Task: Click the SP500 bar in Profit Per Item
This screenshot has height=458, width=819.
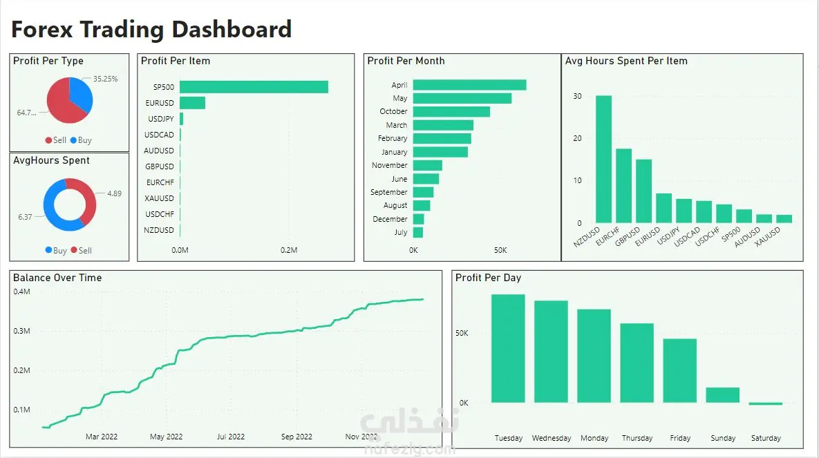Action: click(x=254, y=87)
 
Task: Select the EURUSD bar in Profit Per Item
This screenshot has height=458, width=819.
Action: click(x=192, y=103)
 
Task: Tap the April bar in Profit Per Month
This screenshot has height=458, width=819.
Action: click(x=469, y=85)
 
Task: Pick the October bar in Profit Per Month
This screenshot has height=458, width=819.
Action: click(x=451, y=111)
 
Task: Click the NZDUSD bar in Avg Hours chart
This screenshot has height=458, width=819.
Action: click(x=603, y=159)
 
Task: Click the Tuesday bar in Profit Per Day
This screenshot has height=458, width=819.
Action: click(x=508, y=348)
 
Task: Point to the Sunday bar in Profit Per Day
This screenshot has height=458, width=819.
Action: click(x=722, y=394)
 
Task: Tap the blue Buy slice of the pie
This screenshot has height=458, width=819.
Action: click(x=82, y=95)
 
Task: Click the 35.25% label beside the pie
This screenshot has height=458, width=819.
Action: click(x=106, y=79)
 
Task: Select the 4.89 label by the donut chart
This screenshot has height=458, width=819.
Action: click(x=114, y=193)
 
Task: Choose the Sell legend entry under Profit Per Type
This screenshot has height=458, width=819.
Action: click(x=56, y=140)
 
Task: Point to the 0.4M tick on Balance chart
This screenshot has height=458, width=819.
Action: click(x=21, y=292)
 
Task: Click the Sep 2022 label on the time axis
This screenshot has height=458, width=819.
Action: click(x=296, y=437)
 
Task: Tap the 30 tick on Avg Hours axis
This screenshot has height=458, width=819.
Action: click(x=578, y=96)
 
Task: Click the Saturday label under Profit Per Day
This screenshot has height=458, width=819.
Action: click(x=765, y=438)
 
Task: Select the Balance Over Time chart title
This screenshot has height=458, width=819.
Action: click(x=57, y=278)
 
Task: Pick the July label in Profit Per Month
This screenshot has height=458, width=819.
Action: click(x=400, y=232)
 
